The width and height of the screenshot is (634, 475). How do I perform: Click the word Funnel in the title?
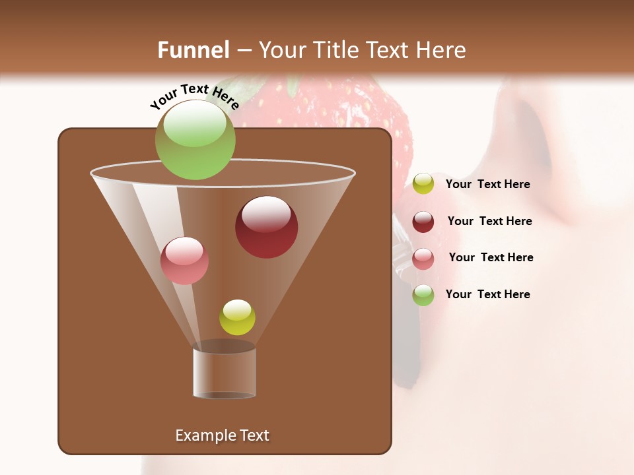pos(194,50)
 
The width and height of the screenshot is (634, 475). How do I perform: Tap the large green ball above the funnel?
pos(195,140)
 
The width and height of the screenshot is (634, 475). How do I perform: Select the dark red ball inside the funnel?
pos(266,227)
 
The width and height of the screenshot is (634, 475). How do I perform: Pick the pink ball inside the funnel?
pos(184,261)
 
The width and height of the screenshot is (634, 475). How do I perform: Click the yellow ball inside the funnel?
pos(237,317)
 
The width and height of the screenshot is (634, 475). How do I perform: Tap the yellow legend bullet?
pos(423,184)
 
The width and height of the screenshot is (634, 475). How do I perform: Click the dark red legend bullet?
pos(423,222)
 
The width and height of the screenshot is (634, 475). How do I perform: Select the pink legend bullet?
pos(423,259)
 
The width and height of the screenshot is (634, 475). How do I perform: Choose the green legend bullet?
pos(423,295)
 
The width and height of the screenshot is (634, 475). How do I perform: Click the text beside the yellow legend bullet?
pos(487,184)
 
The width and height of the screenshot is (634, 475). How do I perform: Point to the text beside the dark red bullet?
pos(489,221)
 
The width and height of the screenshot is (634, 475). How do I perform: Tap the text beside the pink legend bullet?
pos(491,257)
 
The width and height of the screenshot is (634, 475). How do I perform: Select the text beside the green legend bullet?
pos(487,294)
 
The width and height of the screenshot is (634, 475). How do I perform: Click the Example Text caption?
pos(222,435)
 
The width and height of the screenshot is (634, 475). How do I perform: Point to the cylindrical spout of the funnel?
pos(225,373)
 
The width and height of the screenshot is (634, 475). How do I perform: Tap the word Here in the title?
pos(442,50)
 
